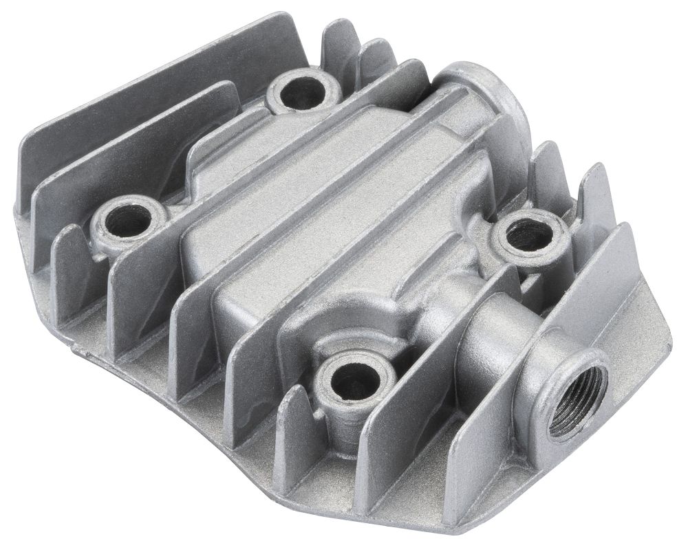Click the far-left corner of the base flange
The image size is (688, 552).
[x=17, y=199]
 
